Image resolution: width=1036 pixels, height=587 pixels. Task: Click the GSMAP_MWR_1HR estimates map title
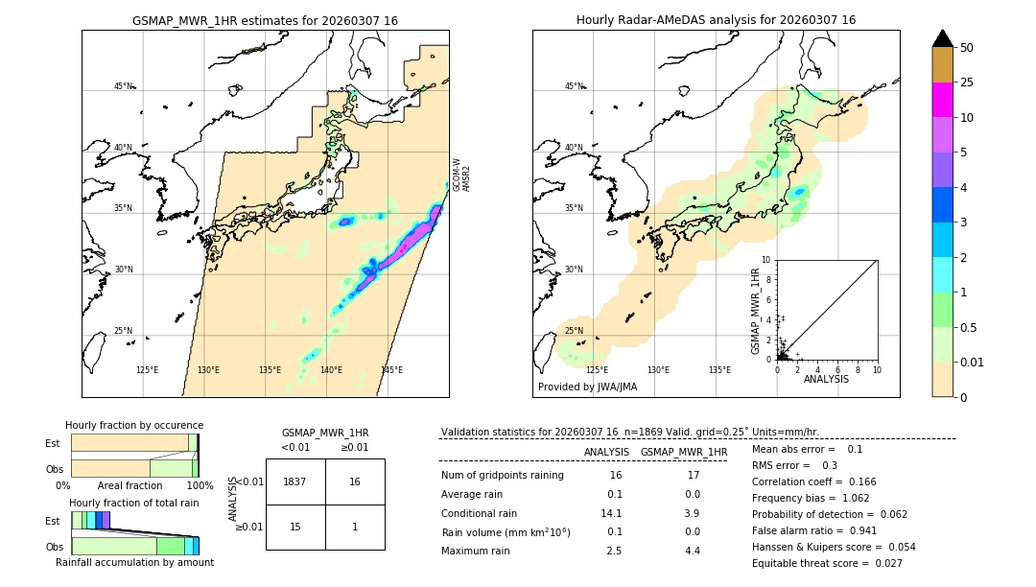(x=265, y=20)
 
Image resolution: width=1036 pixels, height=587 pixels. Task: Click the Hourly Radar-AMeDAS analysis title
(x=716, y=20)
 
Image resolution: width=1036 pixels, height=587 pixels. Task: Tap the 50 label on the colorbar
(x=967, y=47)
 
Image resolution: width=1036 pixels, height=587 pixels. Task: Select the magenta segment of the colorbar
(x=942, y=100)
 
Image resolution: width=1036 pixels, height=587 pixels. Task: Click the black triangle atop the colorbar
(x=942, y=38)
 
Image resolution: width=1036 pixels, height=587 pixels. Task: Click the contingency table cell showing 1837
(x=295, y=481)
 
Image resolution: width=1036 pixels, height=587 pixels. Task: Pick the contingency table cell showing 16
(x=355, y=481)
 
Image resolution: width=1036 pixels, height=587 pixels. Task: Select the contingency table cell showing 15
(x=295, y=527)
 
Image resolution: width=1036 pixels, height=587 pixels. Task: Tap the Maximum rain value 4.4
(x=692, y=551)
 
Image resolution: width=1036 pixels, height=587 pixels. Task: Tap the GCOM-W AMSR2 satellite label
(x=461, y=176)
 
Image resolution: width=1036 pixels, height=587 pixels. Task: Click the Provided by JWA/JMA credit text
(x=587, y=387)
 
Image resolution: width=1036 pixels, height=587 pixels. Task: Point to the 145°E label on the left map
(x=391, y=370)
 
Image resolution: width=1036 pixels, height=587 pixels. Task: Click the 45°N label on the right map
(x=573, y=86)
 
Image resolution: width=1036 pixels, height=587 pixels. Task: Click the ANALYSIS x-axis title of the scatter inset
(x=826, y=379)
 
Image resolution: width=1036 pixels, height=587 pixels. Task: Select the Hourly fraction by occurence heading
(x=134, y=425)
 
